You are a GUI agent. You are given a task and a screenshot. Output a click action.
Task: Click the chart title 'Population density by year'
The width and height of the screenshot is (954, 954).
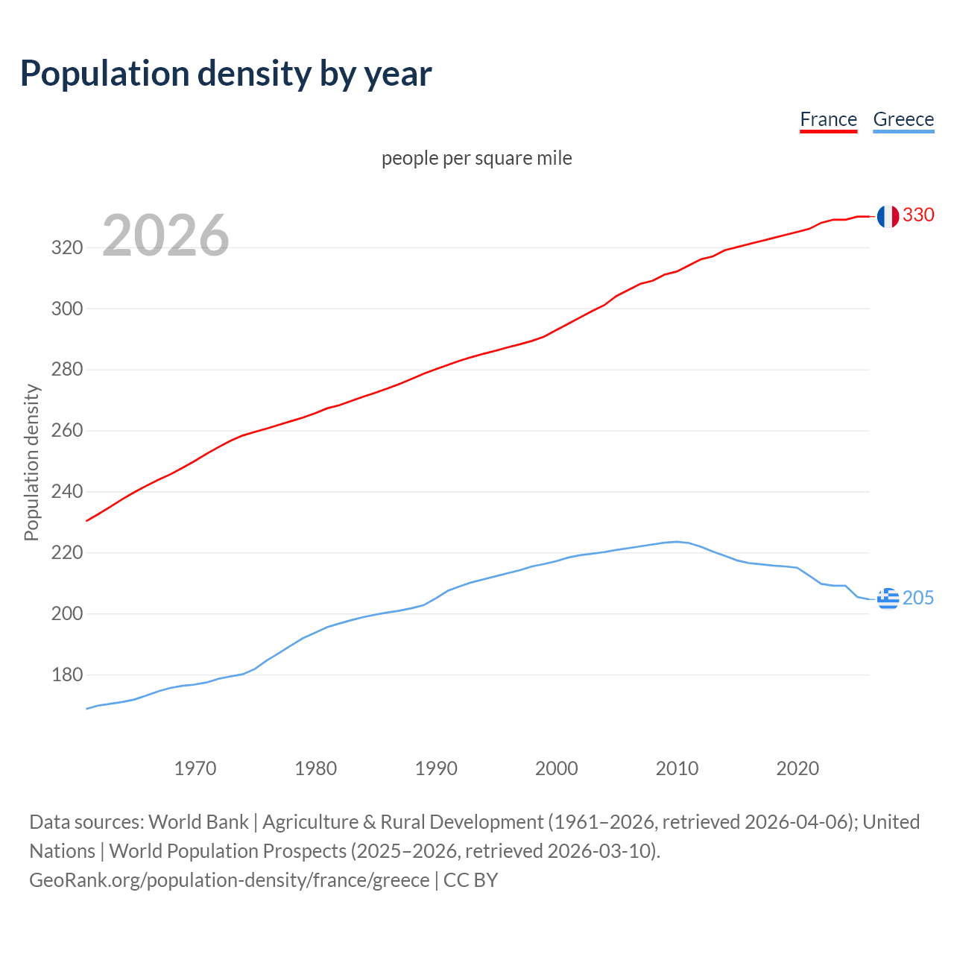(x=226, y=74)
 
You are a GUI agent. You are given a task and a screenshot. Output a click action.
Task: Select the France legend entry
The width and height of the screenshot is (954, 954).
(x=828, y=119)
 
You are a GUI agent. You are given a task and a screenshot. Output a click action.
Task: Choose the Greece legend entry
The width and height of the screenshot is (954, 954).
(x=903, y=119)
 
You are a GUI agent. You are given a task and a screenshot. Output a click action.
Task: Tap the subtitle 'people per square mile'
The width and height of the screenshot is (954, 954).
(x=476, y=158)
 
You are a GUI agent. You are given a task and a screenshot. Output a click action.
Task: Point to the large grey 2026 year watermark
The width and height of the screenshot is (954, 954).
(x=165, y=236)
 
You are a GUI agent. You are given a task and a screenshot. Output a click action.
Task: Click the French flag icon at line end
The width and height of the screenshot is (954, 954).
(x=887, y=216)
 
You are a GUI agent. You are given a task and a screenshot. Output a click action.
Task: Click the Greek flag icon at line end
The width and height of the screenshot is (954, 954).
(x=888, y=598)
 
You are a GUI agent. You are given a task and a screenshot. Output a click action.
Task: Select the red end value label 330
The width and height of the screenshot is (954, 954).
(x=918, y=215)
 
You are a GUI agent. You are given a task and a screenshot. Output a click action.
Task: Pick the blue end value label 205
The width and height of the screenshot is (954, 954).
(x=918, y=598)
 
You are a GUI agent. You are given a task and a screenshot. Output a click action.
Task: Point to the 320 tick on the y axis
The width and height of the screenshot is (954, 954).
(x=66, y=247)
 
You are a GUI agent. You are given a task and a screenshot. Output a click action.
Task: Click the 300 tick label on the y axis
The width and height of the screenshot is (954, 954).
(x=66, y=309)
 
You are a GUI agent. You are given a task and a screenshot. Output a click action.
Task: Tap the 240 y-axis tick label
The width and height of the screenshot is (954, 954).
(x=66, y=492)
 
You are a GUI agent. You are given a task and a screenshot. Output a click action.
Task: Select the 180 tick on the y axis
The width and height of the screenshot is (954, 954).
(x=66, y=675)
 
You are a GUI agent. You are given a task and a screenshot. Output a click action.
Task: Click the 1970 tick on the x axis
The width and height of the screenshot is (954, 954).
(x=195, y=768)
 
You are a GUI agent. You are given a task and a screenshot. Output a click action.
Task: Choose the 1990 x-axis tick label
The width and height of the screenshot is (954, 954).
(x=436, y=768)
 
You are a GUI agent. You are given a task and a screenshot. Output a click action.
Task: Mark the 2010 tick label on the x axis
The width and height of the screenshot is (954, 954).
(x=677, y=768)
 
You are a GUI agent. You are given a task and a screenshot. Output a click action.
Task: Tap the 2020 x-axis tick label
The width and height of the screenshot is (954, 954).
(x=797, y=768)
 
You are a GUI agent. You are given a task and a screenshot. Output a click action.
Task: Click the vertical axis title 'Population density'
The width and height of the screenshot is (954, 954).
(x=31, y=462)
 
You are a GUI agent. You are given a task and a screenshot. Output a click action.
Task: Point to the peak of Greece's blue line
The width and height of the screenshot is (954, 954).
(x=676, y=542)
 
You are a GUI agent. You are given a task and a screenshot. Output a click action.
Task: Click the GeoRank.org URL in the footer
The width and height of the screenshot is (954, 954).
(x=230, y=880)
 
